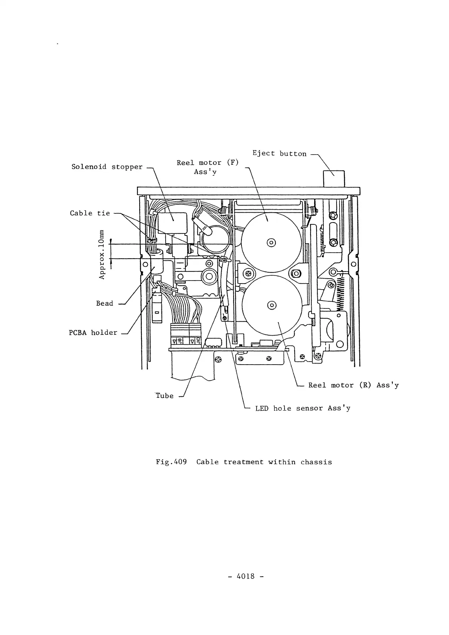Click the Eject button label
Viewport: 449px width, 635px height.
(x=279, y=153)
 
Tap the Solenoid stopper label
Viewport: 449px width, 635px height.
(x=107, y=167)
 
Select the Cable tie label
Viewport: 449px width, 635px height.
(x=90, y=213)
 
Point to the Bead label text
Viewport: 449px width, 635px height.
(x=105, y=303)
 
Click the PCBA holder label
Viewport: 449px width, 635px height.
(x=93, y=333)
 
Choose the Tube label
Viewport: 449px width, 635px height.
(x=165, y=396)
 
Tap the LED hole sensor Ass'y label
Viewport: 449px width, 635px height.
(x=303, y=408)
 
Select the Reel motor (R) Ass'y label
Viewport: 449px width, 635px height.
(x=353, y=385)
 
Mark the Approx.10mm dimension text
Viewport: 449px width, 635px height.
(x=101, y=254)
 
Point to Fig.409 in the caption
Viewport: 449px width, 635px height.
(x=171, y=462)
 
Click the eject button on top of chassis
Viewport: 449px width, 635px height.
(x=334, y=178)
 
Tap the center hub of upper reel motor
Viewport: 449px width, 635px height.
(x=271, y=242)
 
